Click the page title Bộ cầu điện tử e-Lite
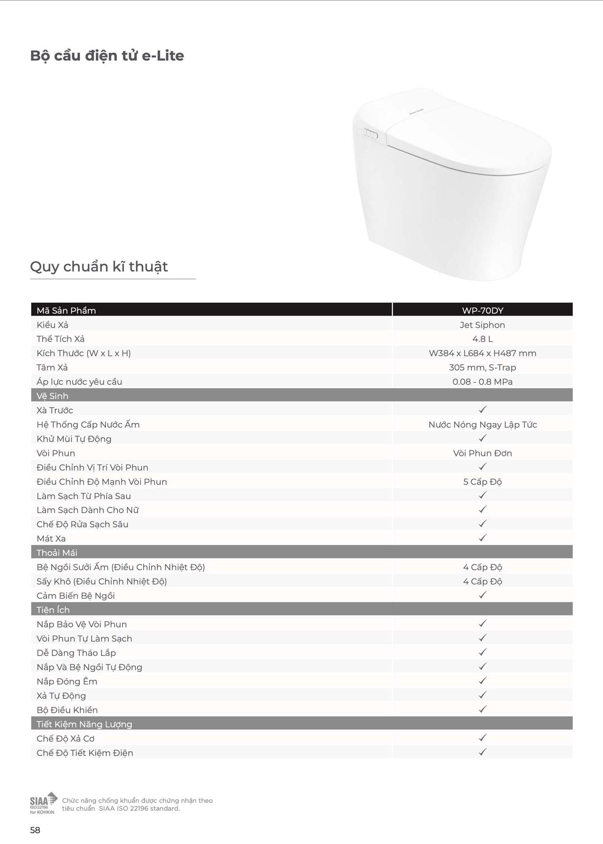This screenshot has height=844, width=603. (x=107, y=56)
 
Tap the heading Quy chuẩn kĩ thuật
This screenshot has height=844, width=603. (x=99, y=267)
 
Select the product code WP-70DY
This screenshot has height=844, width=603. (x=482, y=311)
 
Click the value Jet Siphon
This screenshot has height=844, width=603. (x=482, y=325)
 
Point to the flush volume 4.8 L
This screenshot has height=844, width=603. (x=482, y=339)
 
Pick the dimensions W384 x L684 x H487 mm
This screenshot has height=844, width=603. (x=482, y=353)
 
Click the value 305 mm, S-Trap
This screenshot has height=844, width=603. (x=482, y=368)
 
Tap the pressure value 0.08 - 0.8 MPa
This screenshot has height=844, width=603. (x=482, y=382)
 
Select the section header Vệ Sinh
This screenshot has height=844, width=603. (x=52, y=396)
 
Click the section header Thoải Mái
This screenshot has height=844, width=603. (x=57, y=553)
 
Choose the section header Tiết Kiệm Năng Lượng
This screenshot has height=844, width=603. (x=84, y=724)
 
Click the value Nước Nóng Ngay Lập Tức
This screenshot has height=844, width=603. (x=482, y=425)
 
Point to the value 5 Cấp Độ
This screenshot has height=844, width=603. (x=482, y=482)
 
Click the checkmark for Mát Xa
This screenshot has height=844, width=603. (x=483, y=538)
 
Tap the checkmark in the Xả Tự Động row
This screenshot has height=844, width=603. (x=483, y=695)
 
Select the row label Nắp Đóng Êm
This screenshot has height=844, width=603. (x=67, y=682)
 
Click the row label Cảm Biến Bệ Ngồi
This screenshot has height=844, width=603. (x=76, y=596)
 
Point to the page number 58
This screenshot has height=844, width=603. (x=35, y=830)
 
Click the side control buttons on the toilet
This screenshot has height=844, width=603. (x=370, y=134)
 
